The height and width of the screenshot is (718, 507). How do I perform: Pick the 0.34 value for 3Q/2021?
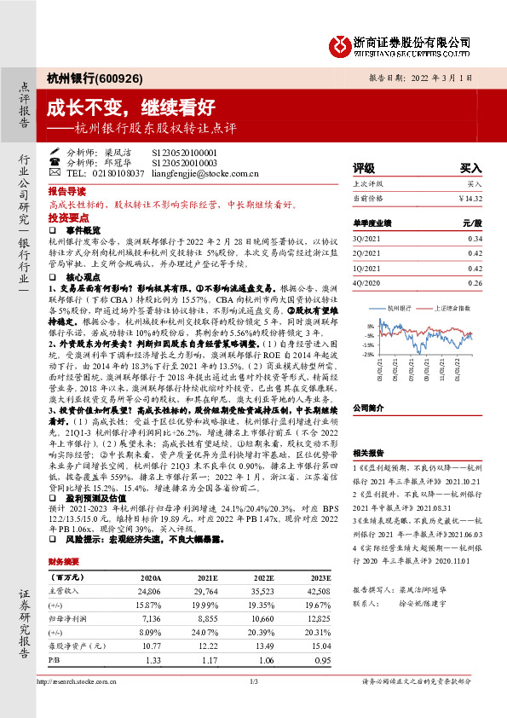pyautogui.click(x=475, y=239)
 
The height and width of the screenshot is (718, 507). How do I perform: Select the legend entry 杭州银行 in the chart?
pyautogui.click(x=400, y=308)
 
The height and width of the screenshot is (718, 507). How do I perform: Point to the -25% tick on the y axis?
pyautogui.click(x=367, y=353)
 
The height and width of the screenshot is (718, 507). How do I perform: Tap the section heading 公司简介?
pyautogui.click(x=370, y=408)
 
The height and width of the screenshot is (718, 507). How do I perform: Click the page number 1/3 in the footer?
pyautogui.click(x=253, y=680)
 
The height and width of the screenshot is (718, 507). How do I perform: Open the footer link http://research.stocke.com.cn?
pyautogui.click(x=77, y=680)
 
